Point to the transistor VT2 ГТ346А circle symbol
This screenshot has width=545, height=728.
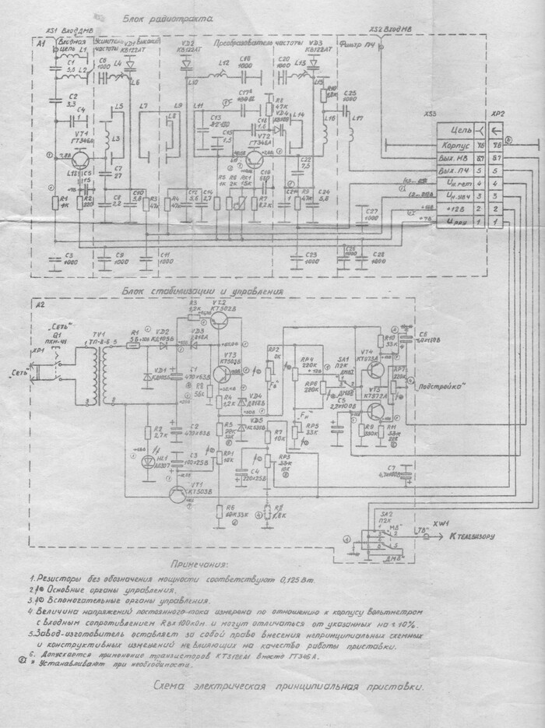click(254, 158)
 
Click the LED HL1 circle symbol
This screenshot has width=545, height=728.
click(149, 460)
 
